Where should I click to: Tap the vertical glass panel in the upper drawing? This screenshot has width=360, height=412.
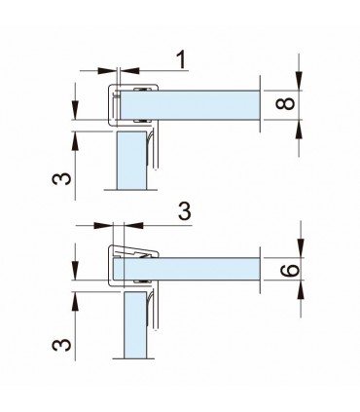(x=129, y=161)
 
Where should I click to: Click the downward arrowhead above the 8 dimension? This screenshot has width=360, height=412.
(x=301, y=83)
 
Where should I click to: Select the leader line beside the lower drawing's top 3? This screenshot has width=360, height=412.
(x=146, y=224)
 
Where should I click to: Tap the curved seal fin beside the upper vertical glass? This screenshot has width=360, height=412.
(x=151, y=151)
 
